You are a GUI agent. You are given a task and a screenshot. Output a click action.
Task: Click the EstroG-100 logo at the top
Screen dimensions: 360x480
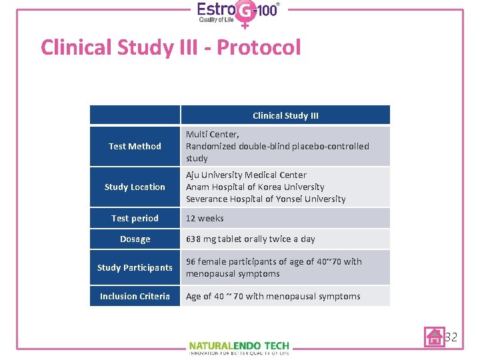[x=238, y=13]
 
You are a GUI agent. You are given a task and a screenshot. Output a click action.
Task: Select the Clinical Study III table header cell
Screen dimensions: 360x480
[x=285, y=115]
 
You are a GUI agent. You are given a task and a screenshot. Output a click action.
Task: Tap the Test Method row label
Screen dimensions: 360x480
[x=135, y=146]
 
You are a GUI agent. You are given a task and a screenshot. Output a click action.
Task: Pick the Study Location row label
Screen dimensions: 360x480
[x=135, y=187]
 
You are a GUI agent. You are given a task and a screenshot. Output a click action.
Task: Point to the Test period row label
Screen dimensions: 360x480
[x=135, y=218]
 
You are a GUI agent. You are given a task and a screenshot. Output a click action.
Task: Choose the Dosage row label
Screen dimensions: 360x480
[x=135, y=239]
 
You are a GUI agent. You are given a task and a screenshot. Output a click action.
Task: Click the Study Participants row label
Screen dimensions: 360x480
[x=135, y=267]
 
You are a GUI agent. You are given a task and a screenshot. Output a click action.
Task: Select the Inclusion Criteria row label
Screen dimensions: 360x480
[x=135, y=296]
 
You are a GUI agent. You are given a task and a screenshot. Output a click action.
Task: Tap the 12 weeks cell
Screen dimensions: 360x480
[x=205, y=218]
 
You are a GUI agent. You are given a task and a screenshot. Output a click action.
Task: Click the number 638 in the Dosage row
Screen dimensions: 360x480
[x=193, y=239]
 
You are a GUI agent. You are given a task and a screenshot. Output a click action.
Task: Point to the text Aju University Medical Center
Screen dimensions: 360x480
[x=246, y=175]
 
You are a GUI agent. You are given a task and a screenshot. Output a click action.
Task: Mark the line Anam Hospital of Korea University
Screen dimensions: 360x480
[x=255, y=187]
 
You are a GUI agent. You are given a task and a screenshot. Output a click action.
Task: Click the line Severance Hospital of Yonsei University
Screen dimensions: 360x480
[x=265, y=199]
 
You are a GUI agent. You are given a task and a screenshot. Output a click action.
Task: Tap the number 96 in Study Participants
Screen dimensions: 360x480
[x=191, y=261]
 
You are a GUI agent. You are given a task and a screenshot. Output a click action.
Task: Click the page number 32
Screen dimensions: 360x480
[x=451, y=337]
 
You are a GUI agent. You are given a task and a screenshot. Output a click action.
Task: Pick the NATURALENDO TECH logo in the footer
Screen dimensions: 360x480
[x=239, y=346]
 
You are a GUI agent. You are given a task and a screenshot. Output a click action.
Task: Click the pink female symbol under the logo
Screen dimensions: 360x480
[x=245, y=24]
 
